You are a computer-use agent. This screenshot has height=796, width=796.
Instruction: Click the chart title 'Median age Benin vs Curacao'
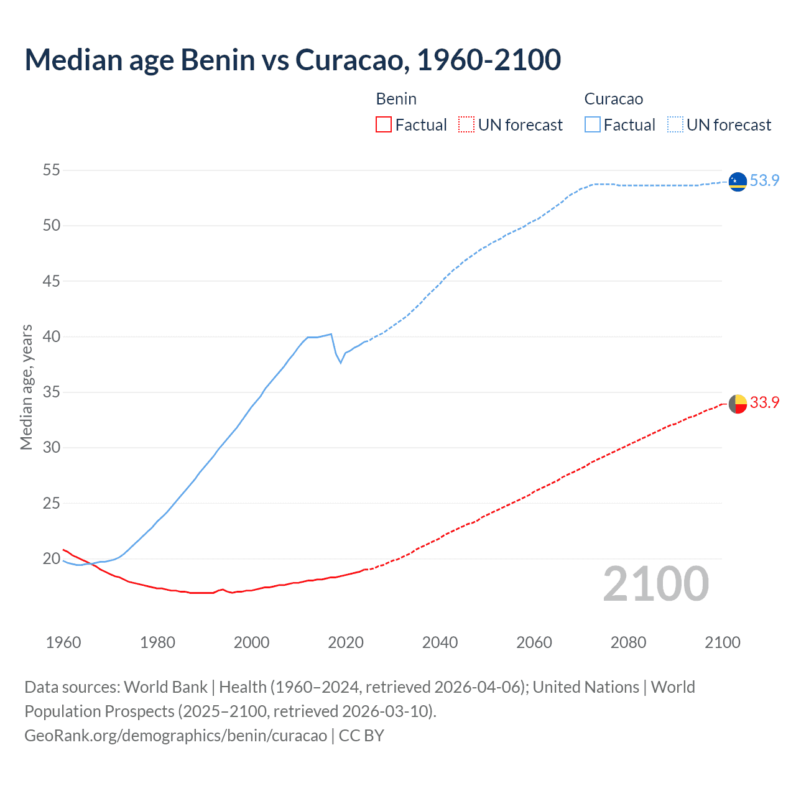point(292,60)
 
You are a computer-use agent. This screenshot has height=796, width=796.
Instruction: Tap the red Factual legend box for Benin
point(384,125)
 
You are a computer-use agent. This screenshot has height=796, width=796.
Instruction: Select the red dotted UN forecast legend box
point(466,125)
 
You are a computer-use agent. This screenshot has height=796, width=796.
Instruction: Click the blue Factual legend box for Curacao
point(592,125)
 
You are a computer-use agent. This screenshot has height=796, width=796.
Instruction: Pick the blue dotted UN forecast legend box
point(675,125)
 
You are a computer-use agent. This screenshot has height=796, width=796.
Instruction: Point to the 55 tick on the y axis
point(52,170)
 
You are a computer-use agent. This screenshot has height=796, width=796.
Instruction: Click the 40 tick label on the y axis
point(52,336)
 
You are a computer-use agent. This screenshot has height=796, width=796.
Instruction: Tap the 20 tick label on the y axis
point(52,558)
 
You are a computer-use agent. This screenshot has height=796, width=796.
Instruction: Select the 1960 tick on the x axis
point(63,642)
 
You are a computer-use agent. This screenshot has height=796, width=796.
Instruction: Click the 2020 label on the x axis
point(346,642)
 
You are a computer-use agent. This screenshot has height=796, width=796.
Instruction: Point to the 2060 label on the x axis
point(534,642)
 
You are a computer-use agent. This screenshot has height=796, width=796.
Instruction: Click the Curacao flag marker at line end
point(738,181)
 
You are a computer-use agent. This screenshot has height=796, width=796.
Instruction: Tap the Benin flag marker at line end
point(738,404)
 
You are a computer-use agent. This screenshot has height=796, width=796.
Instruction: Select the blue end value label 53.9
point(764,180)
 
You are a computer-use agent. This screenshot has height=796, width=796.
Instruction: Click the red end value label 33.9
point(764,402)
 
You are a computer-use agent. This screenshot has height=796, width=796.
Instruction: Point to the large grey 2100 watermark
point(655,584)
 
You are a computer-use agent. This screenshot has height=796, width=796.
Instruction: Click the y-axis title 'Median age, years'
point(26,387)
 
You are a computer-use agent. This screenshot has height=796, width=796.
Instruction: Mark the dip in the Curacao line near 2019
point(340,362)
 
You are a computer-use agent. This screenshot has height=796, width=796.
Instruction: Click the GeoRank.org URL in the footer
point(175,735)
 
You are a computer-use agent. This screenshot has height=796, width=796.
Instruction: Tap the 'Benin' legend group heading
point(396,99)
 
